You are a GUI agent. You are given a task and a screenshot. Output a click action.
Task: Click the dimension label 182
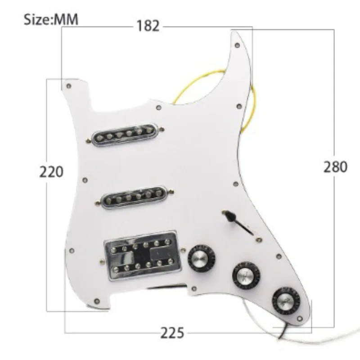(x=148, y=26)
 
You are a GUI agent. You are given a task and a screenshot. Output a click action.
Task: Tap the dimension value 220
(x=51, y=172)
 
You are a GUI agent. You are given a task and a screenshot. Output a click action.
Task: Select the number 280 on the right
(x=335, y=166)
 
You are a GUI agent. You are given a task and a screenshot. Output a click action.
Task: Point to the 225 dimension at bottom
(x=172, y=333)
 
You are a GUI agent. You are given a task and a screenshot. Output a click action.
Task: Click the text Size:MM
(x=51, y=19)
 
